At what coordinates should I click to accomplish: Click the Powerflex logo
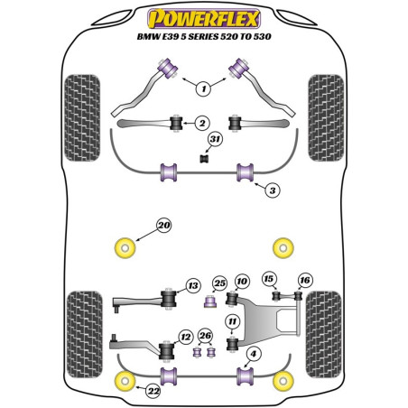203,15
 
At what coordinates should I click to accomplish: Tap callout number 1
203,88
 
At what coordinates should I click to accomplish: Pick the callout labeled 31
214,139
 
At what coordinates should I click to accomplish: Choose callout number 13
191,286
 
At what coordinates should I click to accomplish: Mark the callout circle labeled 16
303,280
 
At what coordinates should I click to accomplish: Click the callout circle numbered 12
185,337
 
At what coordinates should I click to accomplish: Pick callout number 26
206,337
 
